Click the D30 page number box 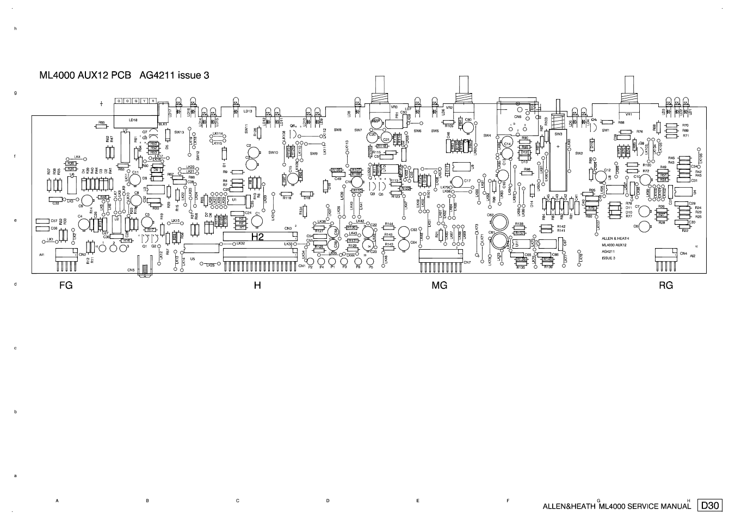[x=710, y=505]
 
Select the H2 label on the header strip [x=257, y=237]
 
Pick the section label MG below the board [x=439, y=285]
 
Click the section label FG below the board [x=66, y=285]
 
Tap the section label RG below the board [x=665, y=285]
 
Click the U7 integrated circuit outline [x=126, y=146]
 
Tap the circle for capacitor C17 [x=457, y=181]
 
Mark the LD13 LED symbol [x=235, y=111]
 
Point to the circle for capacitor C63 [x=404, y=231]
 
